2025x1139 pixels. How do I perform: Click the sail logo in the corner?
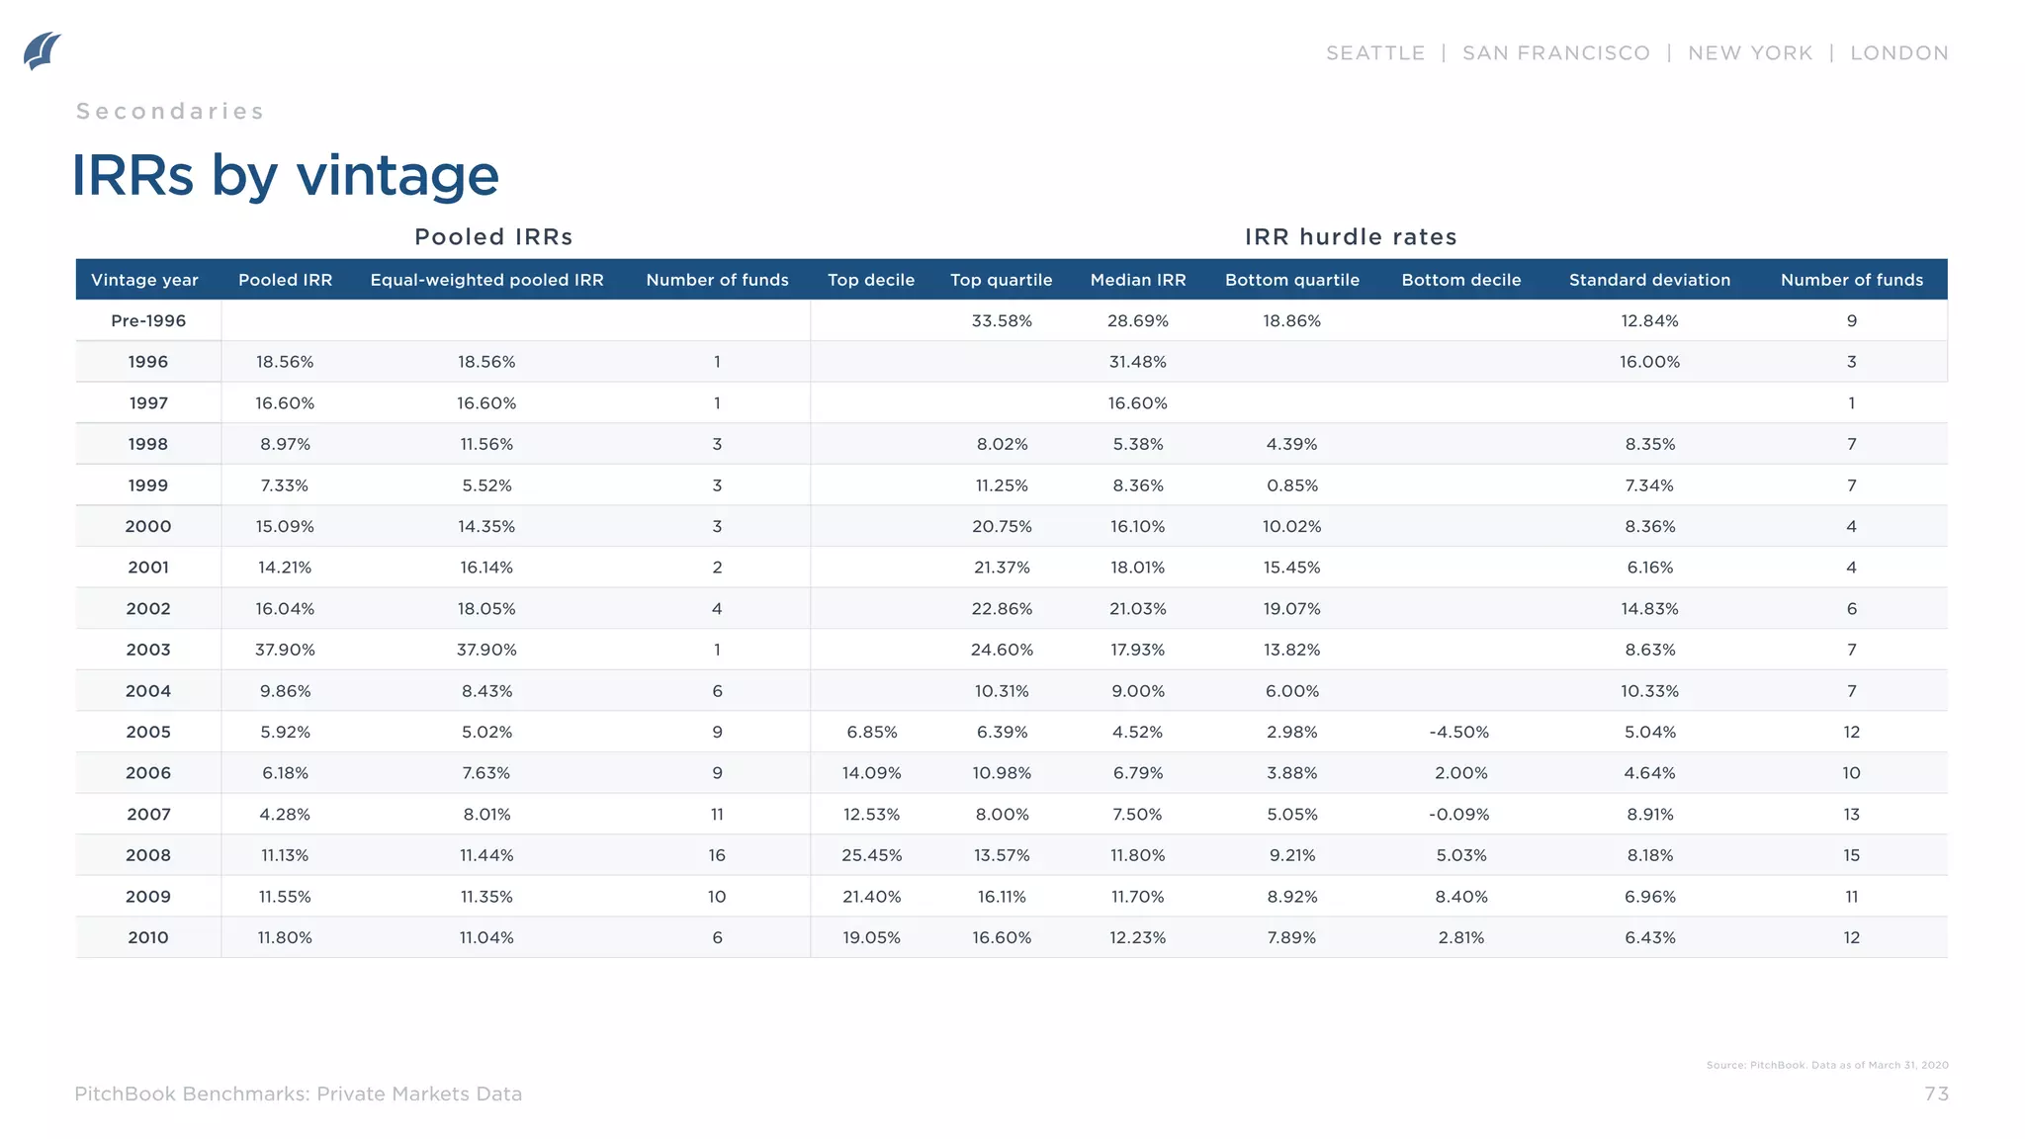pos(42,51)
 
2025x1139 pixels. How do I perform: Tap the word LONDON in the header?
pos(1898,53)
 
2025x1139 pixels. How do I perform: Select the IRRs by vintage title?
pos(285,176)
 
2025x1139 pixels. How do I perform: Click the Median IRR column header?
pos(1137,280)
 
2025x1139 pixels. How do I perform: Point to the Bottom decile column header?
pos(1460,280)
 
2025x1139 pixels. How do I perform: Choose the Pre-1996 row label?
pos(148,320)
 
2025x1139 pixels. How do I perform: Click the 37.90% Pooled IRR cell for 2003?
pos(285,650)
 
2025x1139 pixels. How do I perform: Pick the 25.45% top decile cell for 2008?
pos(871,855)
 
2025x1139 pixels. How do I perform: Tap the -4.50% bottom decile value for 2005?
pos(1458,732)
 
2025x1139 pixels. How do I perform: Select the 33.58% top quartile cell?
pos(1002,320)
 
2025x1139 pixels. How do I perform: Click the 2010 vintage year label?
pos(148,937)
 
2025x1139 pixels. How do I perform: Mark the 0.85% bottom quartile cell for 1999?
pos(1291,485)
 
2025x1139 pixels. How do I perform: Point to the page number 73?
pos(1936,1094)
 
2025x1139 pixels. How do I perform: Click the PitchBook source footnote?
pos(1826,1065)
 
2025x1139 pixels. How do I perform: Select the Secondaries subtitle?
pos(170,112)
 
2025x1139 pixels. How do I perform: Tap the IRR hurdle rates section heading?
pos(1351,237)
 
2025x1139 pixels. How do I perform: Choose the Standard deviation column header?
pos(1649,280)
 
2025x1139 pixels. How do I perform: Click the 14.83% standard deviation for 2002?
pos(1649,609)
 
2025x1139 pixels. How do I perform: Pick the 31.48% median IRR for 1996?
pos(1137,362)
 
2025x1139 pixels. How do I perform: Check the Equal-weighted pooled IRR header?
pos(486,280)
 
